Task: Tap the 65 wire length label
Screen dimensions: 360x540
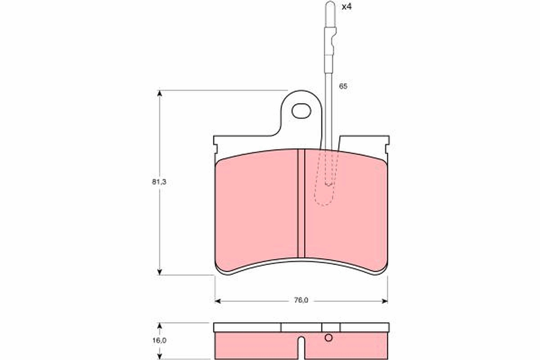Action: pyautogui.click(x=343, y=86)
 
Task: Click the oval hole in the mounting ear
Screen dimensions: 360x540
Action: pyautogui.click(x=301, y=111)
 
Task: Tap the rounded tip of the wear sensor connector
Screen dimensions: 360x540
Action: pyautogui.click(x=330, y=5)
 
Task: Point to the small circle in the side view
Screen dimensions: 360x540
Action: pyautogui.click(x=328, y=338)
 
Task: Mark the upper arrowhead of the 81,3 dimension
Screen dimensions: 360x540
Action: pyautogui.click(x=159, y=93)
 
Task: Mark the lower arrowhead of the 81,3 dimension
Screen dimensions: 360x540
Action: pyautogui.click(x=159, y=272)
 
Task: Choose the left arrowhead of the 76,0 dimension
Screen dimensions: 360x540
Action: pyautogui.click(x=218, y=301)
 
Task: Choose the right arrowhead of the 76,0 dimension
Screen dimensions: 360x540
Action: pyautogui.click(x=384, y=301)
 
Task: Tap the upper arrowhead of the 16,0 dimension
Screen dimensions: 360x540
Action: pyautogui.click(x=159, y=325)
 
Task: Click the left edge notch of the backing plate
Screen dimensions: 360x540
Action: pyautogui.click(x=215, y=148)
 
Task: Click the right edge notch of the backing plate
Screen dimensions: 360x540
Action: pyautogui.click(x=387, y=148)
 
